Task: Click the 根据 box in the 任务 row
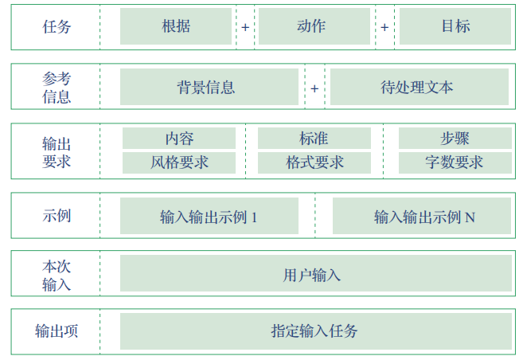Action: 176,26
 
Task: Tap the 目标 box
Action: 455,26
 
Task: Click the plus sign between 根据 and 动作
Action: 245,27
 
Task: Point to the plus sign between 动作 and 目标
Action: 384,27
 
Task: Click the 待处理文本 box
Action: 418,87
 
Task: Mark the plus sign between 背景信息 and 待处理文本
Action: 314,88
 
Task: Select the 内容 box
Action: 179,139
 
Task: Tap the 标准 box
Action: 314,139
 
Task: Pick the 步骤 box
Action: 455,139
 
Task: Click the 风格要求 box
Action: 179,162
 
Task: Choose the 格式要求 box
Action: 314,162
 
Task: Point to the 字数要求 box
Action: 455,162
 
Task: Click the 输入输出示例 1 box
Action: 209,216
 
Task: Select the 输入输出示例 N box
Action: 419,216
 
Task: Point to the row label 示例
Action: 57,216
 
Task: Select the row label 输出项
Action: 57,331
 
